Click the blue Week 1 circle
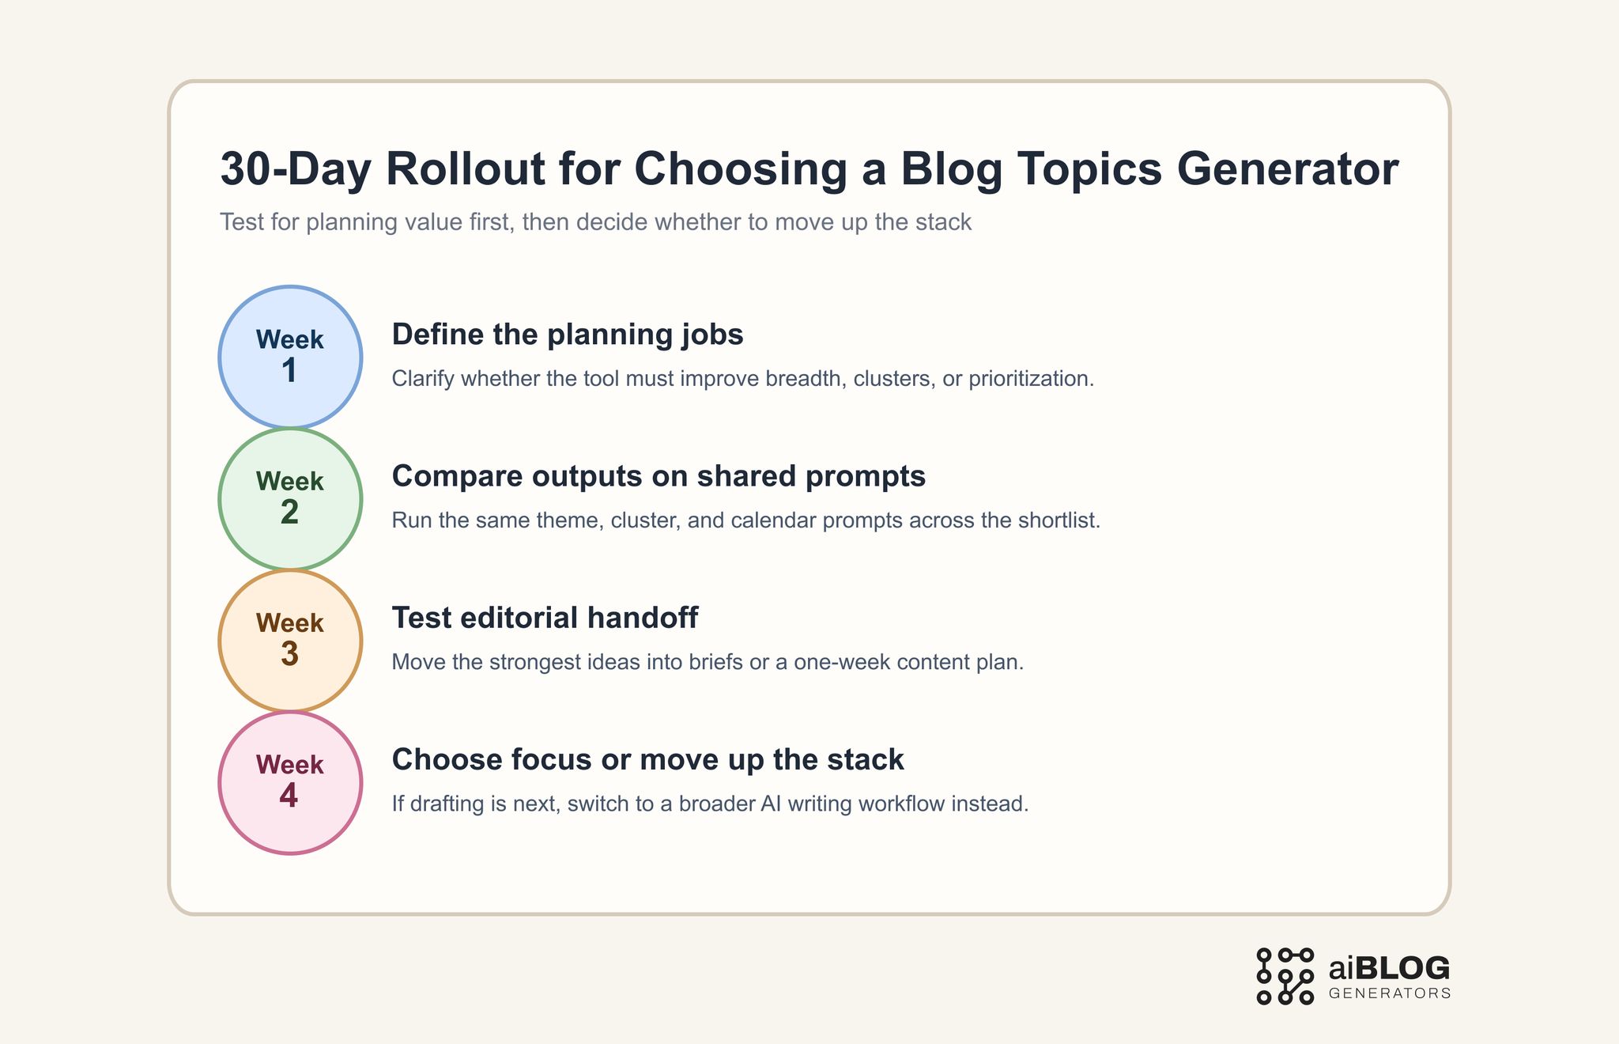[x=290, y=357]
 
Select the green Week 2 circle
[x=290, y=499]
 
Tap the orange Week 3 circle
[x=290, y=641]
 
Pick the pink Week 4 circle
[x=290, y=782]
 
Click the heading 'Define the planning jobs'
[x=568, y=335]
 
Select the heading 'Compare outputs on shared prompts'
[x=659, y=476]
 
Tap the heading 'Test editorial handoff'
[x=545, y=618]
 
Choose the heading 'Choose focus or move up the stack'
[x=647, y=759]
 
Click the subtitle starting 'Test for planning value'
[x=595, y=222]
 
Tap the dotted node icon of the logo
[x=1285, y=976]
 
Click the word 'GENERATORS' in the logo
[x=1390, y=993]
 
